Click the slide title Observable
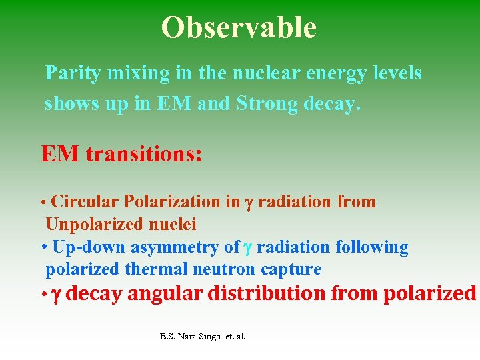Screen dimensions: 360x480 239,27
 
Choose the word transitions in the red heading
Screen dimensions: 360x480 143,154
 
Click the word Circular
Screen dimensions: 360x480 85,201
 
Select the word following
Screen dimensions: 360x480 372,247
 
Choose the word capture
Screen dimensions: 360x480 295,269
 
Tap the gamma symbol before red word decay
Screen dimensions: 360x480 56,294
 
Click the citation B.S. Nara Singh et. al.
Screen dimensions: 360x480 203,337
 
